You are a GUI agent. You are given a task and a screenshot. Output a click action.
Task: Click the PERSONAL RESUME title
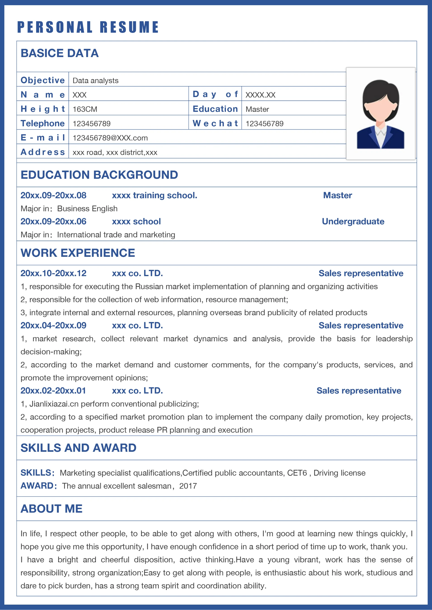[88, 27]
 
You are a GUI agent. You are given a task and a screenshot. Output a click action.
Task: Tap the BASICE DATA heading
[60, 53]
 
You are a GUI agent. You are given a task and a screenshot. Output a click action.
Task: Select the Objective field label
[43, 80]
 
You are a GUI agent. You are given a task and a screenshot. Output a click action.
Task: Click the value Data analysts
[95, 80]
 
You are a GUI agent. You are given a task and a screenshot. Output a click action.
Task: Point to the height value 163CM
[85, 109]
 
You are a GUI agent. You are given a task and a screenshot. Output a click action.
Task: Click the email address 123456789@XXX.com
[110, 138]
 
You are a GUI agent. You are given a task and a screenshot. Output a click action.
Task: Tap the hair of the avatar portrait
[381, 92]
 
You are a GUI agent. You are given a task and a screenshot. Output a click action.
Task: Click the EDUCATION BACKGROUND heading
[99, 175]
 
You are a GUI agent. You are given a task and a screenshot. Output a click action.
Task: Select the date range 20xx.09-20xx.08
[54, 195]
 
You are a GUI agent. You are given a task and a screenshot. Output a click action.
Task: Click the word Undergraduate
[353, 221]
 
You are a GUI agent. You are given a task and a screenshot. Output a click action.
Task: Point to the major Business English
[87, 209]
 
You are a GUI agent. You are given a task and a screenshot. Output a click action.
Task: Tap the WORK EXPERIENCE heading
[78, 253]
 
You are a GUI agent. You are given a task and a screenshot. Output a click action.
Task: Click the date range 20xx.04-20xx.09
[54, 326]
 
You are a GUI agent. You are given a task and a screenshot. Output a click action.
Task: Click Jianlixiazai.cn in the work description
[54, 404]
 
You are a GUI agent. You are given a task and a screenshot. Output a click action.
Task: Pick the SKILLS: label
[38, 473]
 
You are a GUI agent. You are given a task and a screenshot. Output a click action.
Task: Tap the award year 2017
[188, 486]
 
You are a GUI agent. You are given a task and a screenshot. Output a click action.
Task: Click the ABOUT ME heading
[52, 508]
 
